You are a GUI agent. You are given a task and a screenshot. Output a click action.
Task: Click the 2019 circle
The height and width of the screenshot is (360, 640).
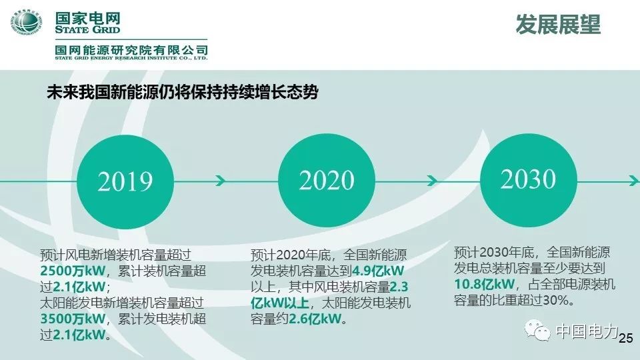[x=125, y=181]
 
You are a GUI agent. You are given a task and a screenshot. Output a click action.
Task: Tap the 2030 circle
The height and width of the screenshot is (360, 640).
[x=528, y=178]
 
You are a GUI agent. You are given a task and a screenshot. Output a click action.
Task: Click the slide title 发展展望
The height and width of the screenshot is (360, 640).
[x=558, y=25]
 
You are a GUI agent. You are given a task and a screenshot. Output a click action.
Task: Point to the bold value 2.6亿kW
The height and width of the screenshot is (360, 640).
[x=317, y=319]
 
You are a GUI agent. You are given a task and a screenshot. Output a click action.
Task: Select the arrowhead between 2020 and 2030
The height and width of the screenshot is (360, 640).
[x=432, y=181]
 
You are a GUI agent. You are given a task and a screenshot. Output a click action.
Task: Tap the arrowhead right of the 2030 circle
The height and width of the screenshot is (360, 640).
[x=633, y=180]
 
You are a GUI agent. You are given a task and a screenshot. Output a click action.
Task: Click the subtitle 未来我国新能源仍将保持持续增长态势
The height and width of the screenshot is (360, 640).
[x=181, y=92]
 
